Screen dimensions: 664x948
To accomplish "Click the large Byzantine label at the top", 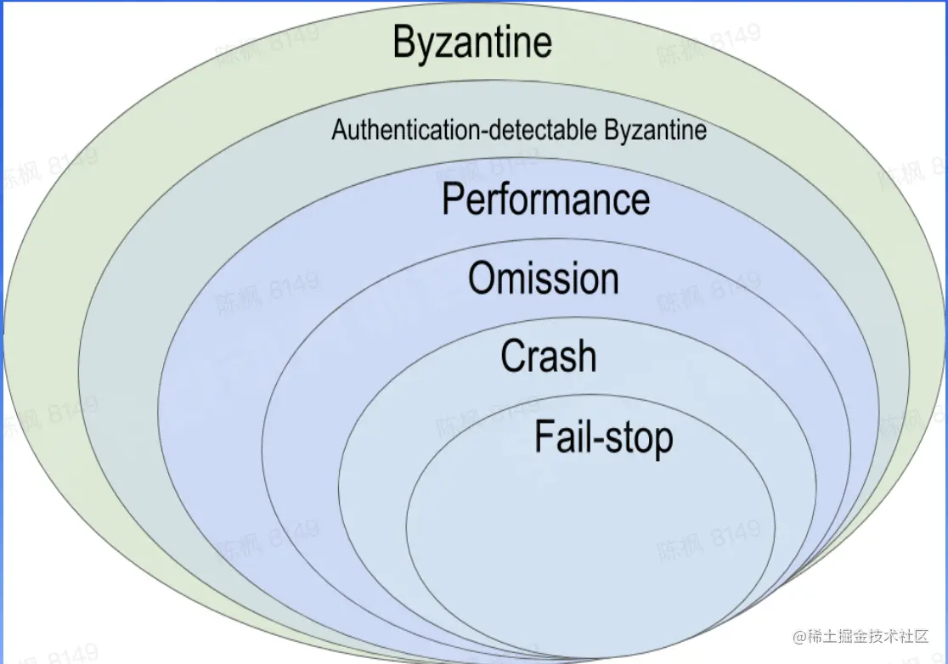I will click(472, 42).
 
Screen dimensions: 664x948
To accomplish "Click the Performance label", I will click(546, 200).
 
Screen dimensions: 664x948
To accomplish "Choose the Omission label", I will click(544, 279).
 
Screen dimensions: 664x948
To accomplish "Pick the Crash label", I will click(548, 356).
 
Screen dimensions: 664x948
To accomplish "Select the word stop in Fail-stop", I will click(636, 438).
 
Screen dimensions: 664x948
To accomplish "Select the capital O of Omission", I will click(482, 279).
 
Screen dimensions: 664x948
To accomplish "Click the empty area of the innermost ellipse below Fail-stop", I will click(590, 543).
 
